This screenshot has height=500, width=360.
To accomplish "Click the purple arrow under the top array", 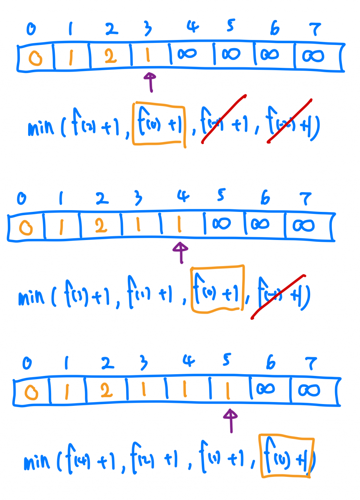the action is [150, 82].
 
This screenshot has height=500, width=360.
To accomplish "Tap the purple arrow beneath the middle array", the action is [181, 252].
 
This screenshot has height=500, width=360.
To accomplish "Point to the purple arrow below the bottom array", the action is [231, 420].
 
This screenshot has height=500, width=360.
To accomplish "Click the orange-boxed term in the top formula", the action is [159, 124].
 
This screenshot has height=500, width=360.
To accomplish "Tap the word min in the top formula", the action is [41, 128].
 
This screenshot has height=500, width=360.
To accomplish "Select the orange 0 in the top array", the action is [35, 58].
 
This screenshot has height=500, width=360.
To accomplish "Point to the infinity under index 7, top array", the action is [313, 56].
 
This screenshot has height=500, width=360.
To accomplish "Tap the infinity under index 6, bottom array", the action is [265, 389].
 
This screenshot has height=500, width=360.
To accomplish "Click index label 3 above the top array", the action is [148, 29].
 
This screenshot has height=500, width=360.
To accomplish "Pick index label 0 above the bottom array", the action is [27, 363].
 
